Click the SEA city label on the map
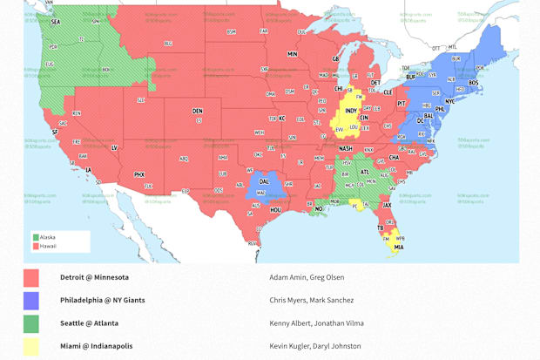coord(56,21)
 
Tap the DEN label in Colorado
coord(198,111)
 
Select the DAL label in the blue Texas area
coord(263,182)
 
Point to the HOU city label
coord(275,209)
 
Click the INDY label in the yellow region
coord(351,111)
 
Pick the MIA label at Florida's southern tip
coord(398,247)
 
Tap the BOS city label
coord(473,83)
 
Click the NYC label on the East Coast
coord(449,101)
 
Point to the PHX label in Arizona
coord(139,174)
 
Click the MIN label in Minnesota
coord(293,54)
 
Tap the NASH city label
coord(346,148)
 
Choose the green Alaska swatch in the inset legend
coord(36,237)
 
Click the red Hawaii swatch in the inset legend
coord(36,246)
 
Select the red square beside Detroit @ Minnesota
coord(31,278)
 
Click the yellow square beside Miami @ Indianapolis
coord(31,346)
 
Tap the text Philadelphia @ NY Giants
coord(102,300)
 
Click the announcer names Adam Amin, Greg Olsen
coord(307,277)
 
